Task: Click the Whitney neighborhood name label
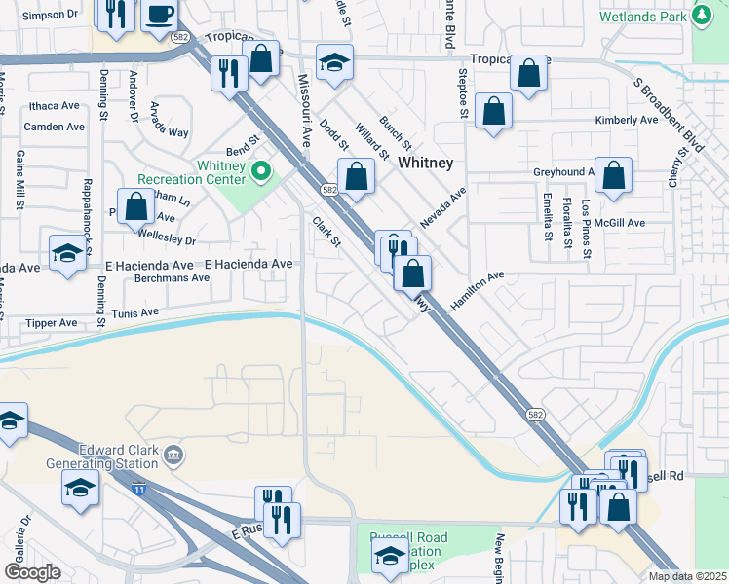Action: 425,164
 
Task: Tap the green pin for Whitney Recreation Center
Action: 260,173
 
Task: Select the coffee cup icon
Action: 159,16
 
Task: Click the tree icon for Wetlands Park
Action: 701,15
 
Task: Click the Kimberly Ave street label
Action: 627,121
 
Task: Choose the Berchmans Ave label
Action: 173,277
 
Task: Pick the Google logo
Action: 32,572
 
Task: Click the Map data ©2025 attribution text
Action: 688,576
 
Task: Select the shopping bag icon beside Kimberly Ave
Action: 495,111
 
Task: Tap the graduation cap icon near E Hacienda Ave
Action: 67,254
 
